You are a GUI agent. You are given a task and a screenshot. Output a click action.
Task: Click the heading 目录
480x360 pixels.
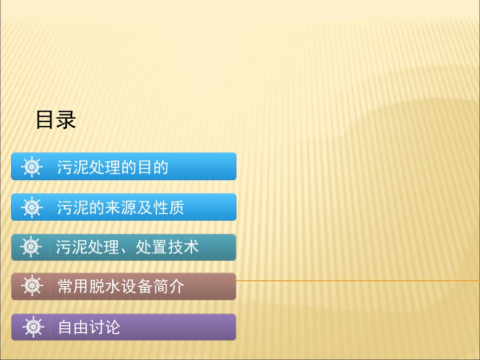(x=56, y=120)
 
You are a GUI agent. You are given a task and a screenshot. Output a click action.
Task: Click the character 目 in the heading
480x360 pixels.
(x=45, y=120)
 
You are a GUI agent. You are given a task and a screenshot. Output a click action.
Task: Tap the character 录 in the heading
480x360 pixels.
(x=66, y=120)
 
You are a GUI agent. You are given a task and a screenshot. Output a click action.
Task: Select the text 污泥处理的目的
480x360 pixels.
(x=112, y=167)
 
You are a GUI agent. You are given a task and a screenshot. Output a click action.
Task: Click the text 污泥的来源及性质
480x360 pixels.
(x=120, y=208)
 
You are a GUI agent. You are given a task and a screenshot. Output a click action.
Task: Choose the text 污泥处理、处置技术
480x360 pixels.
(x=127, y=247)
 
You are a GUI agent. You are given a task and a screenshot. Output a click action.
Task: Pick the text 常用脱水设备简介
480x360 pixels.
(x=121, y=287)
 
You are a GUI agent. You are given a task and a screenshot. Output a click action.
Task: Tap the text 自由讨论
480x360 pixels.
(x=89, y=327)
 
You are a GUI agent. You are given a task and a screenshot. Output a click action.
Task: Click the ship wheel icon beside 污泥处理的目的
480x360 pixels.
(x=32, y=167)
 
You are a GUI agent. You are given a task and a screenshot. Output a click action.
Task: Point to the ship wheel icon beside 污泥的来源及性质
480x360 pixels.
(x=32, y=208)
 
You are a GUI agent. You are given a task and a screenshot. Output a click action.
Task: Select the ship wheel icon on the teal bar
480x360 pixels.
(x=31, y=247)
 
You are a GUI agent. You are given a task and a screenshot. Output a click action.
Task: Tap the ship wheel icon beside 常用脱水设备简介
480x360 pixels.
(x=32, y=287)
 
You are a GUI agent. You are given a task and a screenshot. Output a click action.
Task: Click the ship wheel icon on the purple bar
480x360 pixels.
(x=33, y=327)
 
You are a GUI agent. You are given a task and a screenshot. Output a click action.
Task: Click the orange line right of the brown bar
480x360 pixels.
(x=354, y=280)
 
